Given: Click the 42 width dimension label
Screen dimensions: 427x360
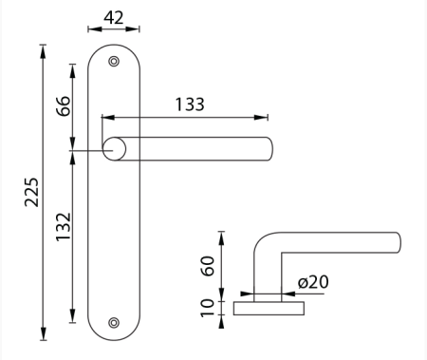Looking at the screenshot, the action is point(114,18).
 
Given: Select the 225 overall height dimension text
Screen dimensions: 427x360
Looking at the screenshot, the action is point(31,192).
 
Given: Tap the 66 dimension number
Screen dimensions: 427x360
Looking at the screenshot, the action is point(63,105).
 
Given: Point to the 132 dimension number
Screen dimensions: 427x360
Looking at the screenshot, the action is point(63,227).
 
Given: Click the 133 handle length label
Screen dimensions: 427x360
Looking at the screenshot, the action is point(190,104).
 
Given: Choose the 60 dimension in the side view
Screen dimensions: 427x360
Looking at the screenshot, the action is point(208,266).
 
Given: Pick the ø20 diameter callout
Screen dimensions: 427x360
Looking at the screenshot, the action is point(313,282).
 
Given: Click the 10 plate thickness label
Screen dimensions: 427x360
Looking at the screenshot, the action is point(208,308).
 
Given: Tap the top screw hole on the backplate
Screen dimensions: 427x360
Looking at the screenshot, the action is point(114,61).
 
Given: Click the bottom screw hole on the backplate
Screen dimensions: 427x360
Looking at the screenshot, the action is point(114,323).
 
